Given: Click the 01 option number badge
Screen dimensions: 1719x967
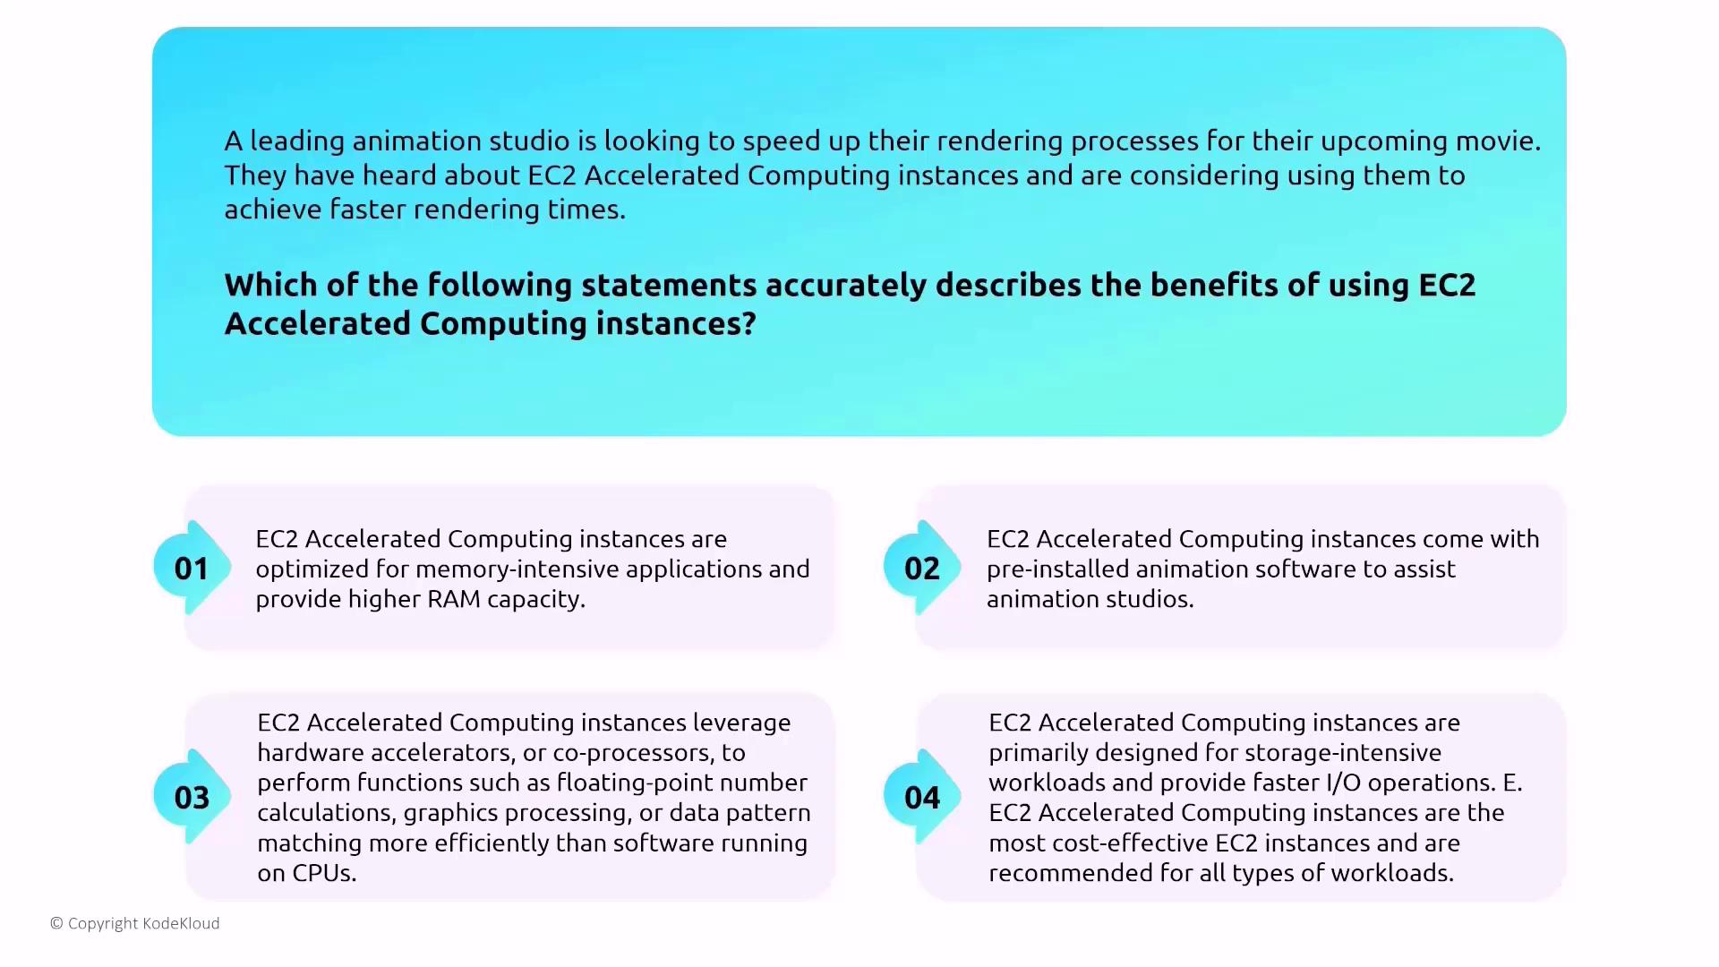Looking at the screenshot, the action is click(192, 568).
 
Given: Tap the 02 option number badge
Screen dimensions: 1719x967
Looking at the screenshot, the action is click(922, 568).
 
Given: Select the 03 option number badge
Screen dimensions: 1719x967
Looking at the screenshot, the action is click(192, 797).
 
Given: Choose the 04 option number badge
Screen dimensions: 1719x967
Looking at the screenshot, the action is click(922, 797).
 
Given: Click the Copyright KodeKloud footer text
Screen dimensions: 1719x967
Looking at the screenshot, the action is click(135, 923).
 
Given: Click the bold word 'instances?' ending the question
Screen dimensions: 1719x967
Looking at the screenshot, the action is click(676, 323).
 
